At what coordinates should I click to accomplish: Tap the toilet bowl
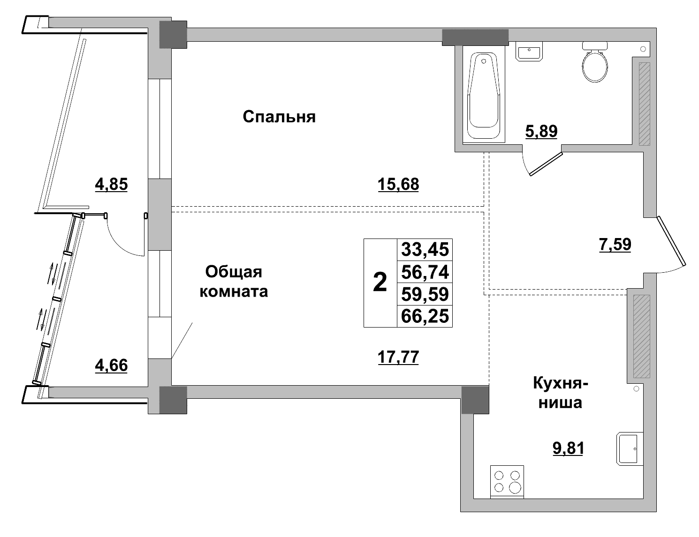[x=595, y=65]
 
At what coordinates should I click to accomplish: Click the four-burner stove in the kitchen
[x=507, y=481]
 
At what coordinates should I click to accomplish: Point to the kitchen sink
[x=629, y=449]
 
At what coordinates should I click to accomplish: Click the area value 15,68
[x=398, y=184]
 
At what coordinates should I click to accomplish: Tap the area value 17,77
[x=398, y=358]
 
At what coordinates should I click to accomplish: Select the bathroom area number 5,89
[x=541, y=132]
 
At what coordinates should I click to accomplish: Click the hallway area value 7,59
[x=615, y=245]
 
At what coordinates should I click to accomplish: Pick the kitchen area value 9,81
[x=568, y=448]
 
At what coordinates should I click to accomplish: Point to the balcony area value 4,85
[x=111, y=184]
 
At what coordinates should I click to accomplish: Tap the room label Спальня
[x=279, y=117]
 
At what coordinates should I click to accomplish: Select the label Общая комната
[x=234, y=281]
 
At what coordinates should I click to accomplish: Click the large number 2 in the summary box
[x=380, y=283]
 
